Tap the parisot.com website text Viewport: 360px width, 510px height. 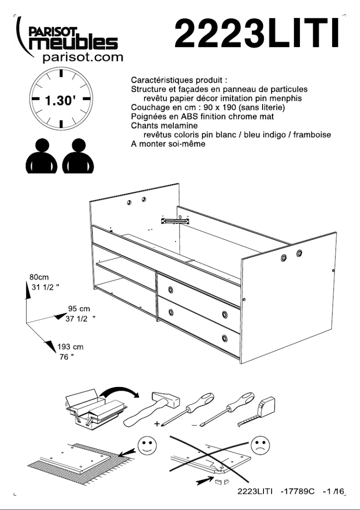(82, 57)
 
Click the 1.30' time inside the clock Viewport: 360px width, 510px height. (60, 100)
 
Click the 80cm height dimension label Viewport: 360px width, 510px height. (39, 277)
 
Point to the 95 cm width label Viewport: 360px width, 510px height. (79, 309)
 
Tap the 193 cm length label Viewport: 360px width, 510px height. (70, 347)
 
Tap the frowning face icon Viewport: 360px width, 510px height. (260, 445)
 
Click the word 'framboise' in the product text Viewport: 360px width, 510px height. (312, 135)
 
